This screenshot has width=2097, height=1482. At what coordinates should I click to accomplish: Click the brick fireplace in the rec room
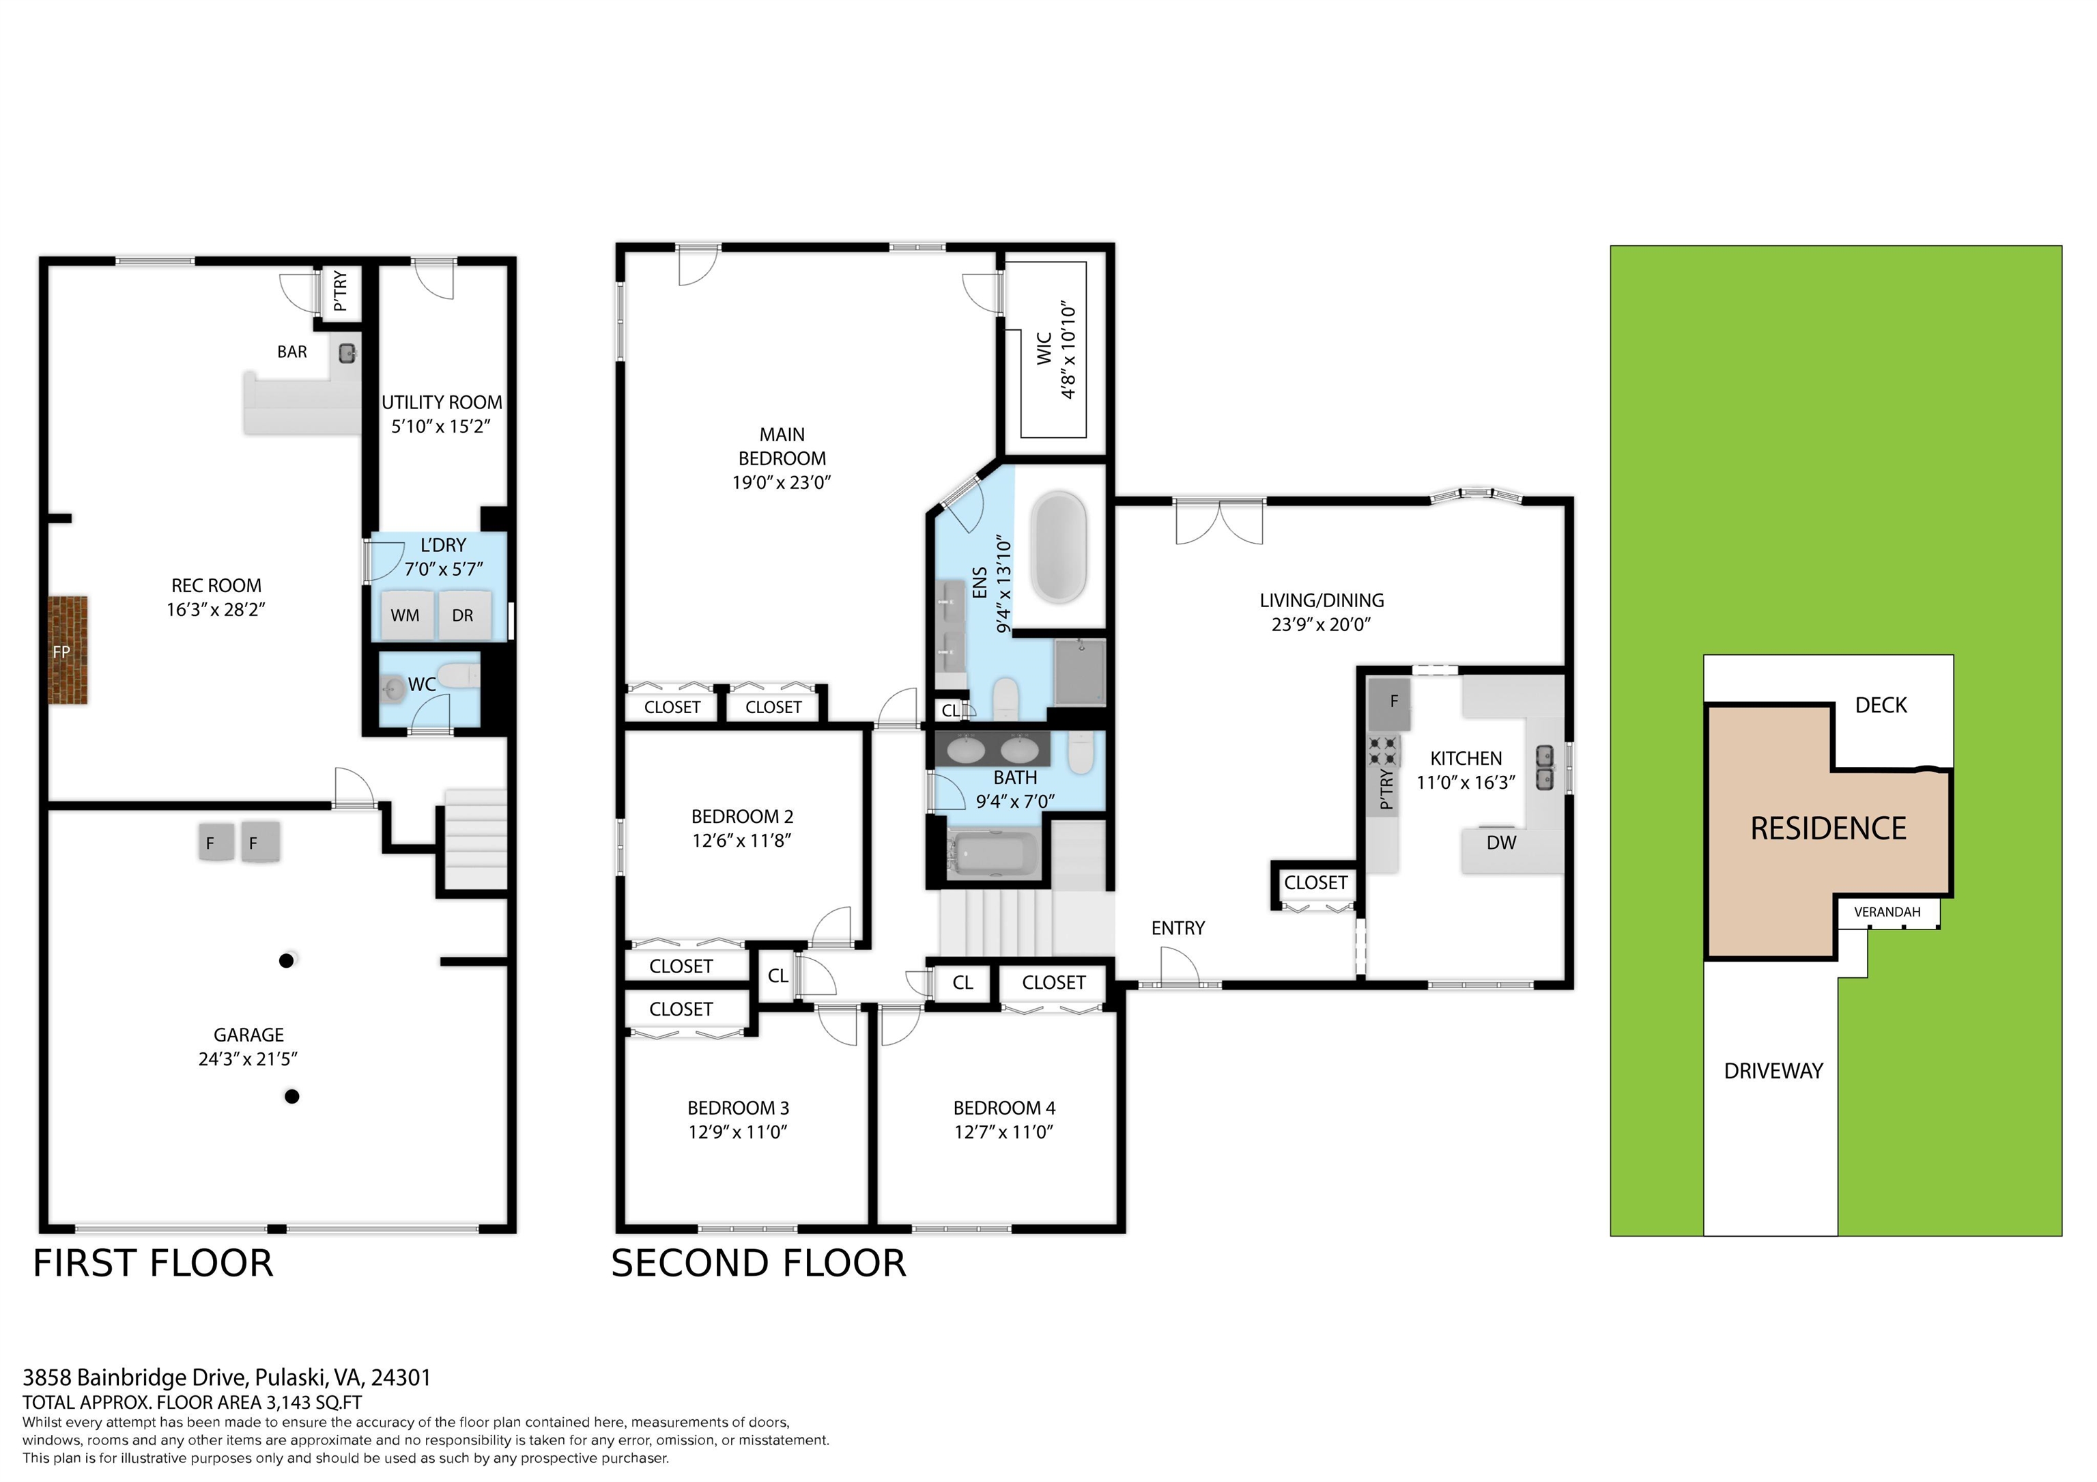tap(68, 651)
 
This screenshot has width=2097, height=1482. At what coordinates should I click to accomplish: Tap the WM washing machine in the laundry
tap(405, 615)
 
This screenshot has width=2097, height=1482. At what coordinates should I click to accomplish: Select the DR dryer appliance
tap(463, 615)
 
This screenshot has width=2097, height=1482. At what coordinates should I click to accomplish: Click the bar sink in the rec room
tap(347, 354)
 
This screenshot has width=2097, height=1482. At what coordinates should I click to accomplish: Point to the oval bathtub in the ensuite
tap(1059, 546)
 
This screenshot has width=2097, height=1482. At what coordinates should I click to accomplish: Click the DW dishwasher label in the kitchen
tap(1500, 843)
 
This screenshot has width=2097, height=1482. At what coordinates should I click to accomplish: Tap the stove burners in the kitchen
tap(1384, 751)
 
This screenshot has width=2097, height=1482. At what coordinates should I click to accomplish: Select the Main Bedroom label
tap(782, 447)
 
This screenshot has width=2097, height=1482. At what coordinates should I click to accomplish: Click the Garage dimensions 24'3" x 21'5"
tap(248, 1059)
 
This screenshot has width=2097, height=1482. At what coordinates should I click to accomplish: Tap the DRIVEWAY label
tap(1773, 1071)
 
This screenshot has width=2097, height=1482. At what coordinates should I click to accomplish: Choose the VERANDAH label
tap(1887, 912)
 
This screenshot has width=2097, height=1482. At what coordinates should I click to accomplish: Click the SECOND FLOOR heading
tap(758, 1263)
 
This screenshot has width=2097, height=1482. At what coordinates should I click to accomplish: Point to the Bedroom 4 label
tap(1003, 1108)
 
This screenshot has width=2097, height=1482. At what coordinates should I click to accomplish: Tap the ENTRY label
tap(1178, 928)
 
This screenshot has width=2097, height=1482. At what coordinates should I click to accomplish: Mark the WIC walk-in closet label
tap(1045, 348)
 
